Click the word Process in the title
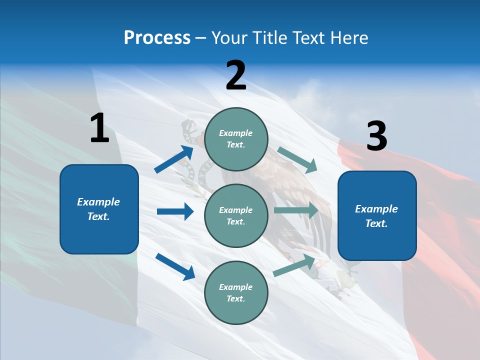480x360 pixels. pyautogui.click(x=157, y=38)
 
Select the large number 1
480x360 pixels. pyautogui.click(x=99, y=128)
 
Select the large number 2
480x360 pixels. pyautogui.click(x=236, y=75)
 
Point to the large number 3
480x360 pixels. pyautogui.click(x=376, y=136)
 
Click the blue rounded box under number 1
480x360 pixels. pyautogui.click(x=99, y=209)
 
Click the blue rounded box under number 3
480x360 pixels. pyautogui.click(x=376, y=215)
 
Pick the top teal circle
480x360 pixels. pyautogui.click(x=236, y=139)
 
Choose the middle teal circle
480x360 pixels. pyautogui.click(x=236, y=215)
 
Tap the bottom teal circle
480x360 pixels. pyautogui.click(x=236, y=292)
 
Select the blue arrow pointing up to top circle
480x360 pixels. pyautogui.click(x=174, y=159)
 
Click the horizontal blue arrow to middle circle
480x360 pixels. pyautogui.click(x=175, y=211)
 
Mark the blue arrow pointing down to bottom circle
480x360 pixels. pyautogui.click(x=175, y=266)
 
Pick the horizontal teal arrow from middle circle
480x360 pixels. pyautogui.click(x=296, y=210)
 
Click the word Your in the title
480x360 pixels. pyautogui.click(x=229, y=38)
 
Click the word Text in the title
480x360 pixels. pyautogui.click(x=308, y=38)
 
